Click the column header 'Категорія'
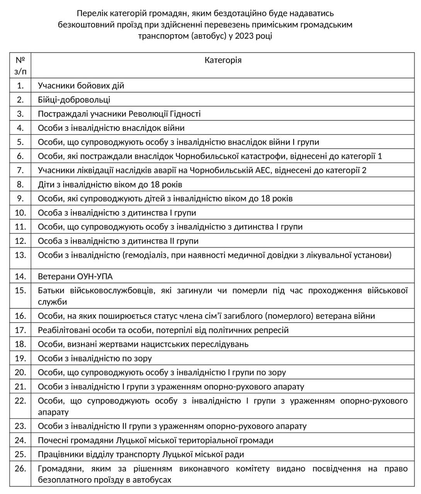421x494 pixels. pyautogui.click(x=223, y=60)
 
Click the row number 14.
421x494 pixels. pyautogui.click(x=20, y=276)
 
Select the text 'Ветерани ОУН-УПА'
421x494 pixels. pyautogui.click(x=75, y=276)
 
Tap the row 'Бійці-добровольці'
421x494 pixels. pyautogui.click(x=74, y=100)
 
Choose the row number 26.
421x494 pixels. pyautogui.click(x=20, y=469)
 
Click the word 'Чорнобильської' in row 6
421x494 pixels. pyautogui.click(x=204, y=156)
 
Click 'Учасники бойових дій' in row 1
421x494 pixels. pyautogui.click(x=81, y=85)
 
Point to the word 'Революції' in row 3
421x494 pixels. pyautogui.click(x=146, y=114)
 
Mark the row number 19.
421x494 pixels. pyautogui.click(x=20, y=358)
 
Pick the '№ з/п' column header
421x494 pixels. pyautogui.click(x=20, y=66)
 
